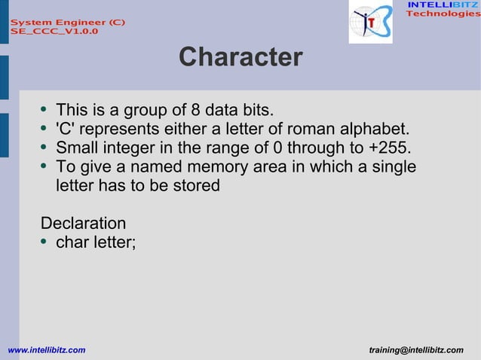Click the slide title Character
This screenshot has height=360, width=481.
[x=240, y=57]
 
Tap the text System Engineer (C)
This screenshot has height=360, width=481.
[x=67, y=23]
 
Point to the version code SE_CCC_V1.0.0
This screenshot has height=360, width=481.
[x=54, y=32]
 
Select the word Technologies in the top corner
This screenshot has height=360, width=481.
[x=443, y=14]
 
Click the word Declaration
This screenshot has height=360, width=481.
[x=83, y=224]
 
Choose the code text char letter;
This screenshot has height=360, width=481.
[x=96, y=243]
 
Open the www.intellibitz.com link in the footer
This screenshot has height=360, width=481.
[x=46, y=350]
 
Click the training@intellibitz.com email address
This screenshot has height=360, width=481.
[x=417, y=350]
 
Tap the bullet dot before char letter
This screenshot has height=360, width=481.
[x=46, y=243]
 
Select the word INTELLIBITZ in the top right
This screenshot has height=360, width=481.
[x=443, y=5]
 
